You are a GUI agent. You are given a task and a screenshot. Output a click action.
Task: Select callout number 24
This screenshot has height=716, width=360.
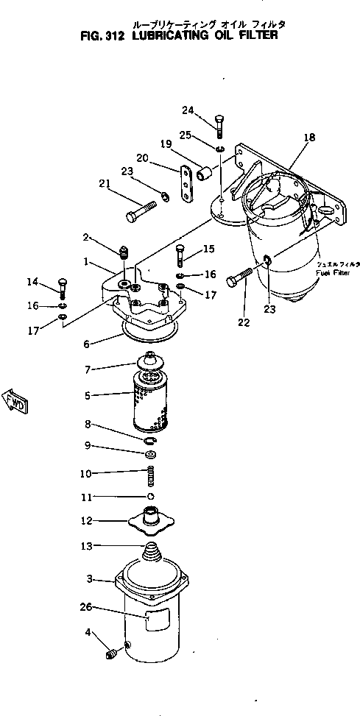pos(188,111)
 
